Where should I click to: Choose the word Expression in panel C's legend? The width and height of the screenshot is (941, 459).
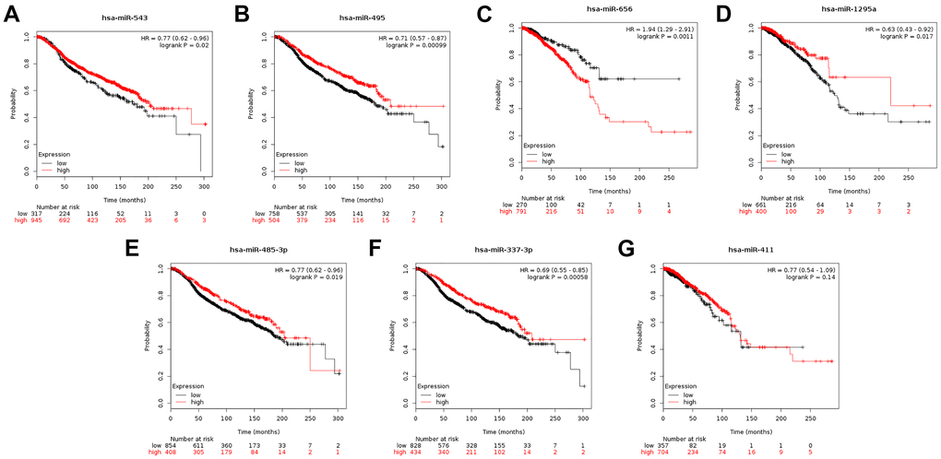(x=541, y=145)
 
